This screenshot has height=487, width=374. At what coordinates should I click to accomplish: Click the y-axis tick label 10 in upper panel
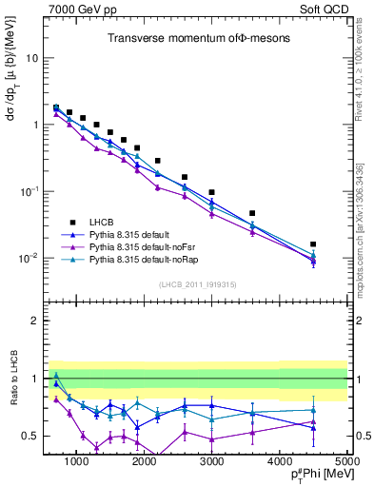coord(31,58)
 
